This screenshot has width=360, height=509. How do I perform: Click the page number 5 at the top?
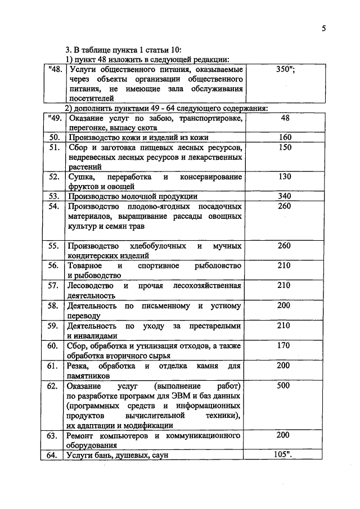point(324,29)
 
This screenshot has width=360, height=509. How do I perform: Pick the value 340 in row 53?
point(284,196)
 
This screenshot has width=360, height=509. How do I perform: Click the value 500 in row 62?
point(284,386)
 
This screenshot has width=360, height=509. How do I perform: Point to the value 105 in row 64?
point(282,455)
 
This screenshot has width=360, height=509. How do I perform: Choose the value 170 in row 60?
point(284,345)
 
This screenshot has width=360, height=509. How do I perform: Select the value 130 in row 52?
point(284,177)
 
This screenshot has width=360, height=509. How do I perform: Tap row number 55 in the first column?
point(54,246)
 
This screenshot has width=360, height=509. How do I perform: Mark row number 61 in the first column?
point(54,366)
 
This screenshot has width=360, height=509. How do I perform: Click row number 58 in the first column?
point(54,306)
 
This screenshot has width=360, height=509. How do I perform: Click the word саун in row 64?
point(159,456)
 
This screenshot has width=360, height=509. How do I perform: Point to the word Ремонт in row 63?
point(81,436)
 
